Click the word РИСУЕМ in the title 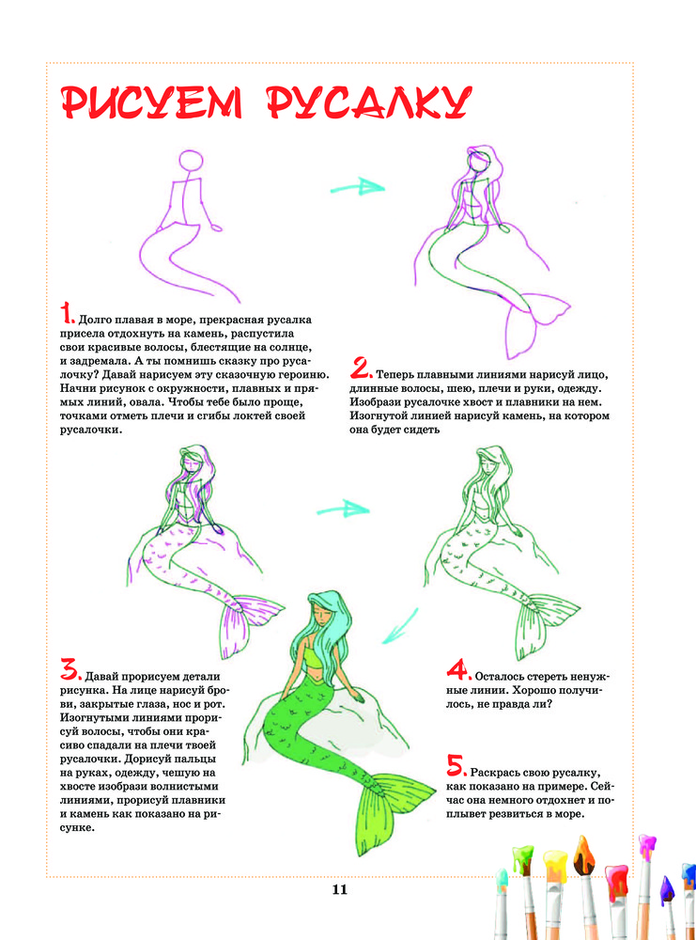(152, 102)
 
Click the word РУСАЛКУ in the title (369, 102)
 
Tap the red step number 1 (67, 315)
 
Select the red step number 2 (361, 368)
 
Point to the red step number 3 (70, 669)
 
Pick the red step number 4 (458, 670)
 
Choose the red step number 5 (457, 765)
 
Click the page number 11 (340, 889)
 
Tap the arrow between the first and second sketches (357, 187)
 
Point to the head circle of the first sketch (191, 162)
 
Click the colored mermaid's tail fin (390, 811)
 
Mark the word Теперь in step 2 (395, 375)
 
